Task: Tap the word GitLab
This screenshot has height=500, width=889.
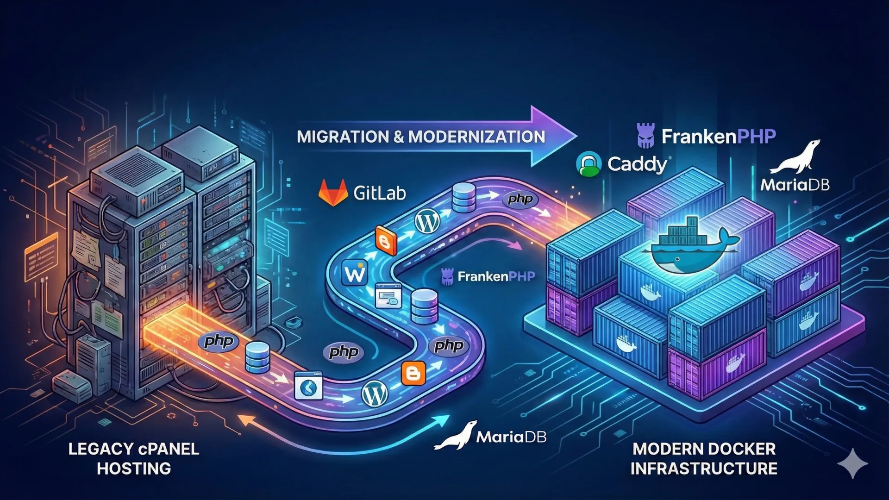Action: [x=380, y=193]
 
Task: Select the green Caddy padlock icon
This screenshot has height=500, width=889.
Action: [x=588, y=164]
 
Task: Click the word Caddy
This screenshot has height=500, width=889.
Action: [x=637, y=164]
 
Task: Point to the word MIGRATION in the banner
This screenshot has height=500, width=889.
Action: [x=343, y=137]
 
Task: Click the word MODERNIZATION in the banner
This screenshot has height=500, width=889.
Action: [x=476, y=137]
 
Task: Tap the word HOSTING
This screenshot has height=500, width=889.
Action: [x=134, y=469]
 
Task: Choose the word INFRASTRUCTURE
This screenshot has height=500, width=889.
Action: [x=704, y=469]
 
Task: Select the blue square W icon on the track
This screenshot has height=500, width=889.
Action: [x=355, y=273]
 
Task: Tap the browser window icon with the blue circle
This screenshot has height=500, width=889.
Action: [x=308, y=386]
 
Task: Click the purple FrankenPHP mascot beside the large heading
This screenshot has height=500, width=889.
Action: [x=646, y=136]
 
